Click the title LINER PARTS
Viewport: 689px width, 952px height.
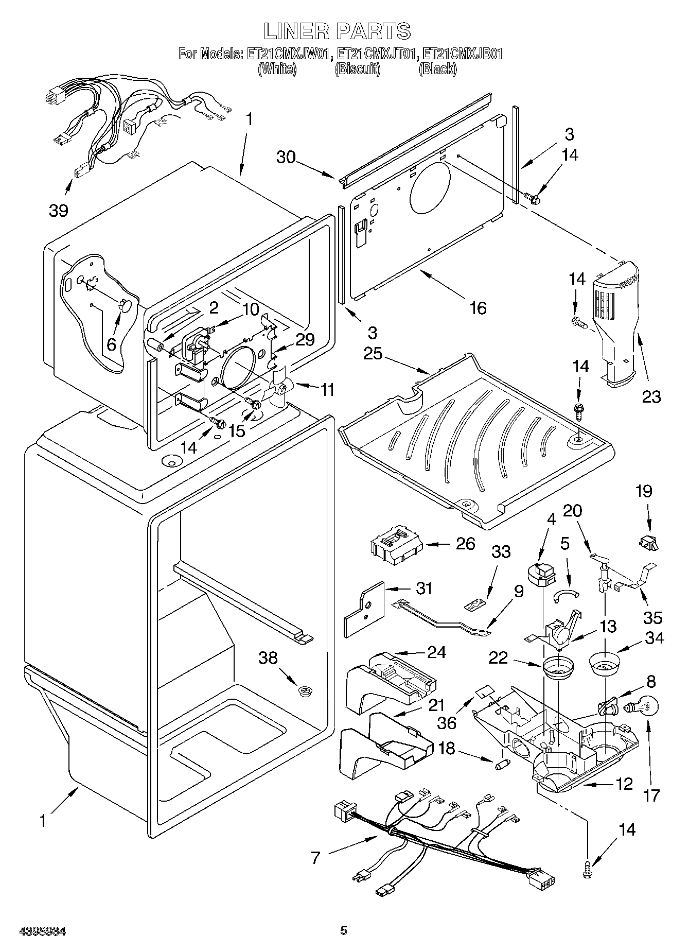(338, 31)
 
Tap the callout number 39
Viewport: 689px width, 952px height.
(59, 211)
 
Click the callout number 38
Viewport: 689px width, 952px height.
(268, 657)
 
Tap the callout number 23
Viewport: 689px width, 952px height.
(651, 396)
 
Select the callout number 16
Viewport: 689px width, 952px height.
(478, 308)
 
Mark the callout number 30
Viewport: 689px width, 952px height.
(286, 157)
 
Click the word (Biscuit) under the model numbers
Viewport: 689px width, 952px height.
(358, 69)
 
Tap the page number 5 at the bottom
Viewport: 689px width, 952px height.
(344, 930)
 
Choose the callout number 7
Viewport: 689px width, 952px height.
(315, 857)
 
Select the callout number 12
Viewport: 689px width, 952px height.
(623, 784)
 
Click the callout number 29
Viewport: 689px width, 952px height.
(305, 339)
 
